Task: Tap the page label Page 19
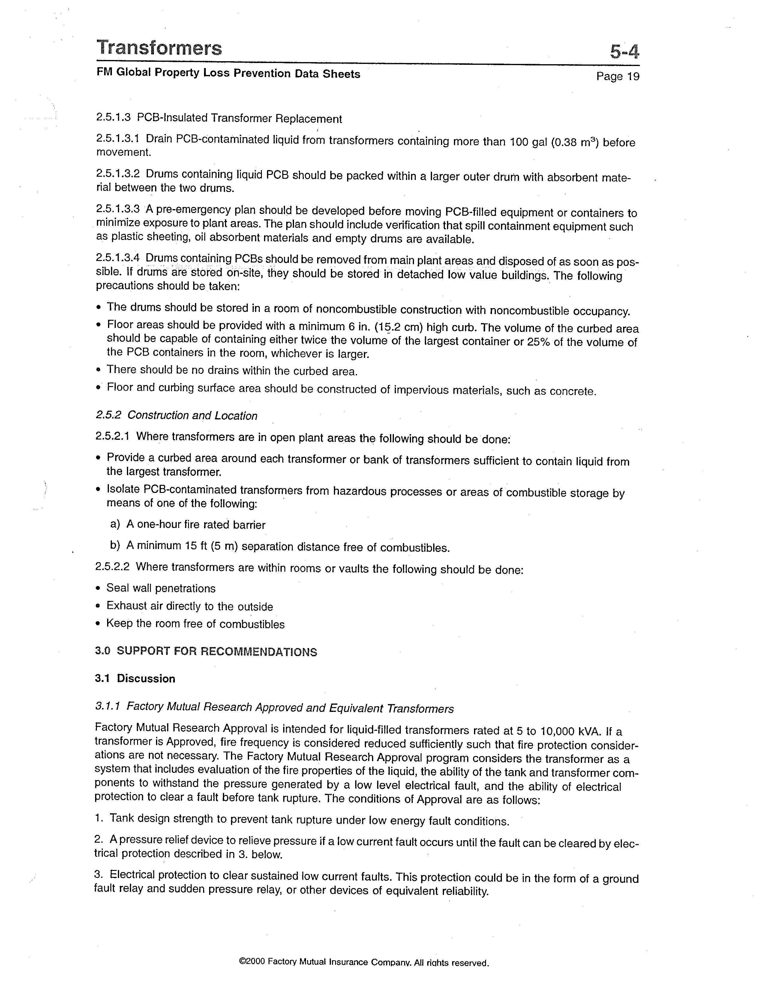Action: [617, 76]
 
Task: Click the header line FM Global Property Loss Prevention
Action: [228, 73]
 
